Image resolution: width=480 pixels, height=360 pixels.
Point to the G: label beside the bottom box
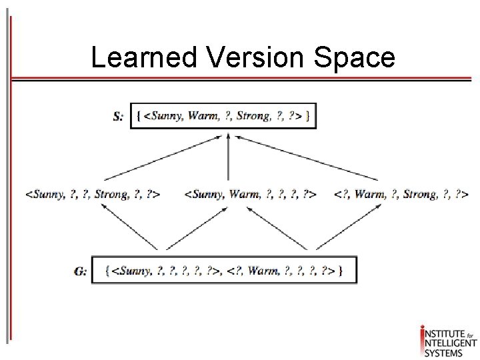(81, 271)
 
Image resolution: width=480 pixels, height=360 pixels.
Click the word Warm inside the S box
(203, 116)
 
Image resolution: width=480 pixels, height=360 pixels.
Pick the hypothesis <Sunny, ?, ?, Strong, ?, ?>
(93, 195)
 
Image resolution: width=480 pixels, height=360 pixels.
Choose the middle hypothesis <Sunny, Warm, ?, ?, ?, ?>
(250, 195)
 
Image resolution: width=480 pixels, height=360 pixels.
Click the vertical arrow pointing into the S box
(229, 157)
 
